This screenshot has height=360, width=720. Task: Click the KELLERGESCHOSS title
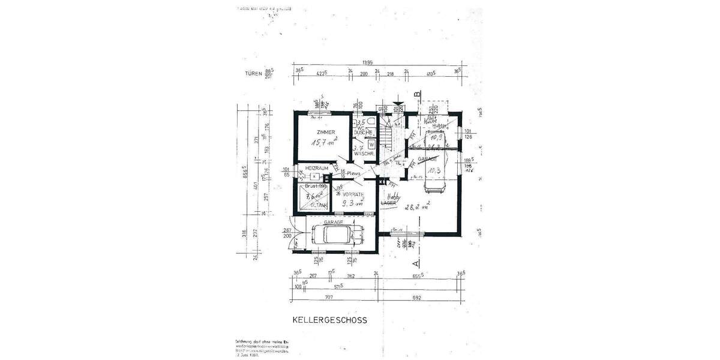click(x=329, y=320)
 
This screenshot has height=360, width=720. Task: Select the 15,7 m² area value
click(x=323, y=143)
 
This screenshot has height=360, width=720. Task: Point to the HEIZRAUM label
click(x=315, y=168)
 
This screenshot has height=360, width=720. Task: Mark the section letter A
click(x=413, y=262)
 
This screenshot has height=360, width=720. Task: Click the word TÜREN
click(x=253, y=75)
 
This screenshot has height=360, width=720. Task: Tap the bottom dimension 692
click(x=418, y=298)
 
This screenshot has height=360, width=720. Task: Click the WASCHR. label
click(x=364, y=154)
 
